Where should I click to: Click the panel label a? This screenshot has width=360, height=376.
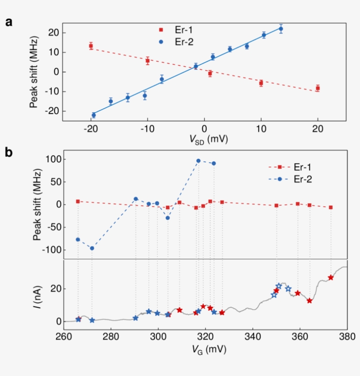click(x=9, y=23)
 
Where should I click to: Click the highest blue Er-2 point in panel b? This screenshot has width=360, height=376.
click(x=198, y=161)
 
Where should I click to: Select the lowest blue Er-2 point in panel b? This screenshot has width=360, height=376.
click(x=92, y=248)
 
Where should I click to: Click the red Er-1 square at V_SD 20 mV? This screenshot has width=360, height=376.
click(x=317, y=88)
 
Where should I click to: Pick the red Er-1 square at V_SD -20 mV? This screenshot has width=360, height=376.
click(x=91, y=46)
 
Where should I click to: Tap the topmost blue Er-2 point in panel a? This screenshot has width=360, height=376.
click(x=281, y=29)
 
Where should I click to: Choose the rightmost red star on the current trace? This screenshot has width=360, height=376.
click(x=331, y=277)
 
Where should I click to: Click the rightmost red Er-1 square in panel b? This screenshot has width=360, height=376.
click(x=331, y=207)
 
